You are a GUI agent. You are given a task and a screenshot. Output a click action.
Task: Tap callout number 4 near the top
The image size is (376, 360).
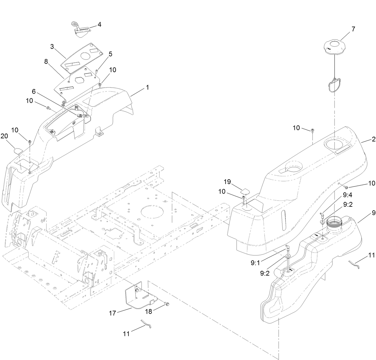99,25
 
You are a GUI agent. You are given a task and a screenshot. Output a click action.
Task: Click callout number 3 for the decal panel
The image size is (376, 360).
52,47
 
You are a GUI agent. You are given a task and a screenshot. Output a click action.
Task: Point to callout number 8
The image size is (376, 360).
46,61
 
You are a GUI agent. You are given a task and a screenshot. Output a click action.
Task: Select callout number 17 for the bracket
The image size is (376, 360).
112,313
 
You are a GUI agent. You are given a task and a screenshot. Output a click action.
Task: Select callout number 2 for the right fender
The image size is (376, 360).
373,140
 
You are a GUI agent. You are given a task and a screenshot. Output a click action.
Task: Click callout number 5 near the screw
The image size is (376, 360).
110,54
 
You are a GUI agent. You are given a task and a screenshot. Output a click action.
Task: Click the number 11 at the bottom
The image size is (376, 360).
126,334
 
